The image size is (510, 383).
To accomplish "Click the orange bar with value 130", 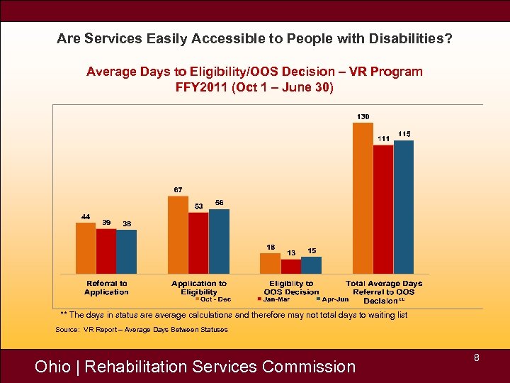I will [x=363, y=198].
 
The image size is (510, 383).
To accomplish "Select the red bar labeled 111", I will [x=383, y=209].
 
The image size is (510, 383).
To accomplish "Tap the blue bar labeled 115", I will [x=404, y=207].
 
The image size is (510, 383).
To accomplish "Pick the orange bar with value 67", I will [x=178, y=235].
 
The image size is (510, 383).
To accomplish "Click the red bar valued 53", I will [x=198, y=243].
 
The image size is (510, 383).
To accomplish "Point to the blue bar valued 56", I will [x=219, y=241].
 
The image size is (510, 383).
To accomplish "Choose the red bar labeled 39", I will [x=106, y=251].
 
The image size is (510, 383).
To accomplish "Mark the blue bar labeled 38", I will [x=127, y=252].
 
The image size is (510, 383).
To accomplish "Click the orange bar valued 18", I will [x=270, y=263].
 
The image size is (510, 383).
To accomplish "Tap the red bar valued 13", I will [x=290, y=266].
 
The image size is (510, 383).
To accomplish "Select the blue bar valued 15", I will [x=311, y=265].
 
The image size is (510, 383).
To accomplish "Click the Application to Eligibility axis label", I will [x=199, y=287].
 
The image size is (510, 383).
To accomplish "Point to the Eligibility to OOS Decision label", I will [x=291, y=287].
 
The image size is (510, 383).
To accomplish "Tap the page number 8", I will [x=477, y=358].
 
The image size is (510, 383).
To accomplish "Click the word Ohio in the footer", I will [x=52, y=367].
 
